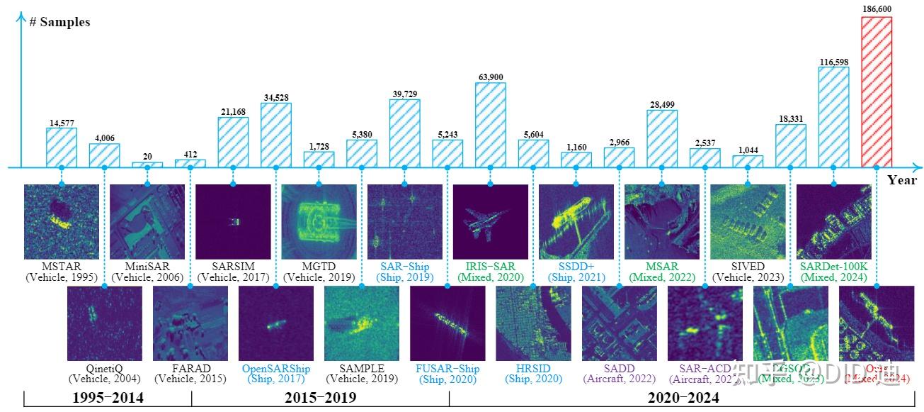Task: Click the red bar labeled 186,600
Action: point(876,92)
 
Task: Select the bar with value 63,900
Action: point(491,125)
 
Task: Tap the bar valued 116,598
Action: point(833,117)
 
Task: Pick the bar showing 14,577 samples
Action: point(62,147)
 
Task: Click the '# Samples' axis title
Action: point(59,22)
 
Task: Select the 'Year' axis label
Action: point(902,180)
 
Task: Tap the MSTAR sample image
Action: point(62,222)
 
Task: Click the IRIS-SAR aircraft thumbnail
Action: point(491,222)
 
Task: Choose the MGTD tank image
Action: point(319,222)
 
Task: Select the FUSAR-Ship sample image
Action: point(447,323)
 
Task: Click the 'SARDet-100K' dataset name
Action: point(833,267)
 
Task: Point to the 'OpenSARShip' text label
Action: point(276,369)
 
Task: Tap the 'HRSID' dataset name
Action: point(533,369)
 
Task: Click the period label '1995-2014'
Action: point(108,399)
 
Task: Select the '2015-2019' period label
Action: point(320,399)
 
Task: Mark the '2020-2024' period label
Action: point(683,399)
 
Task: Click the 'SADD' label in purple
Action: point(620,369)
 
